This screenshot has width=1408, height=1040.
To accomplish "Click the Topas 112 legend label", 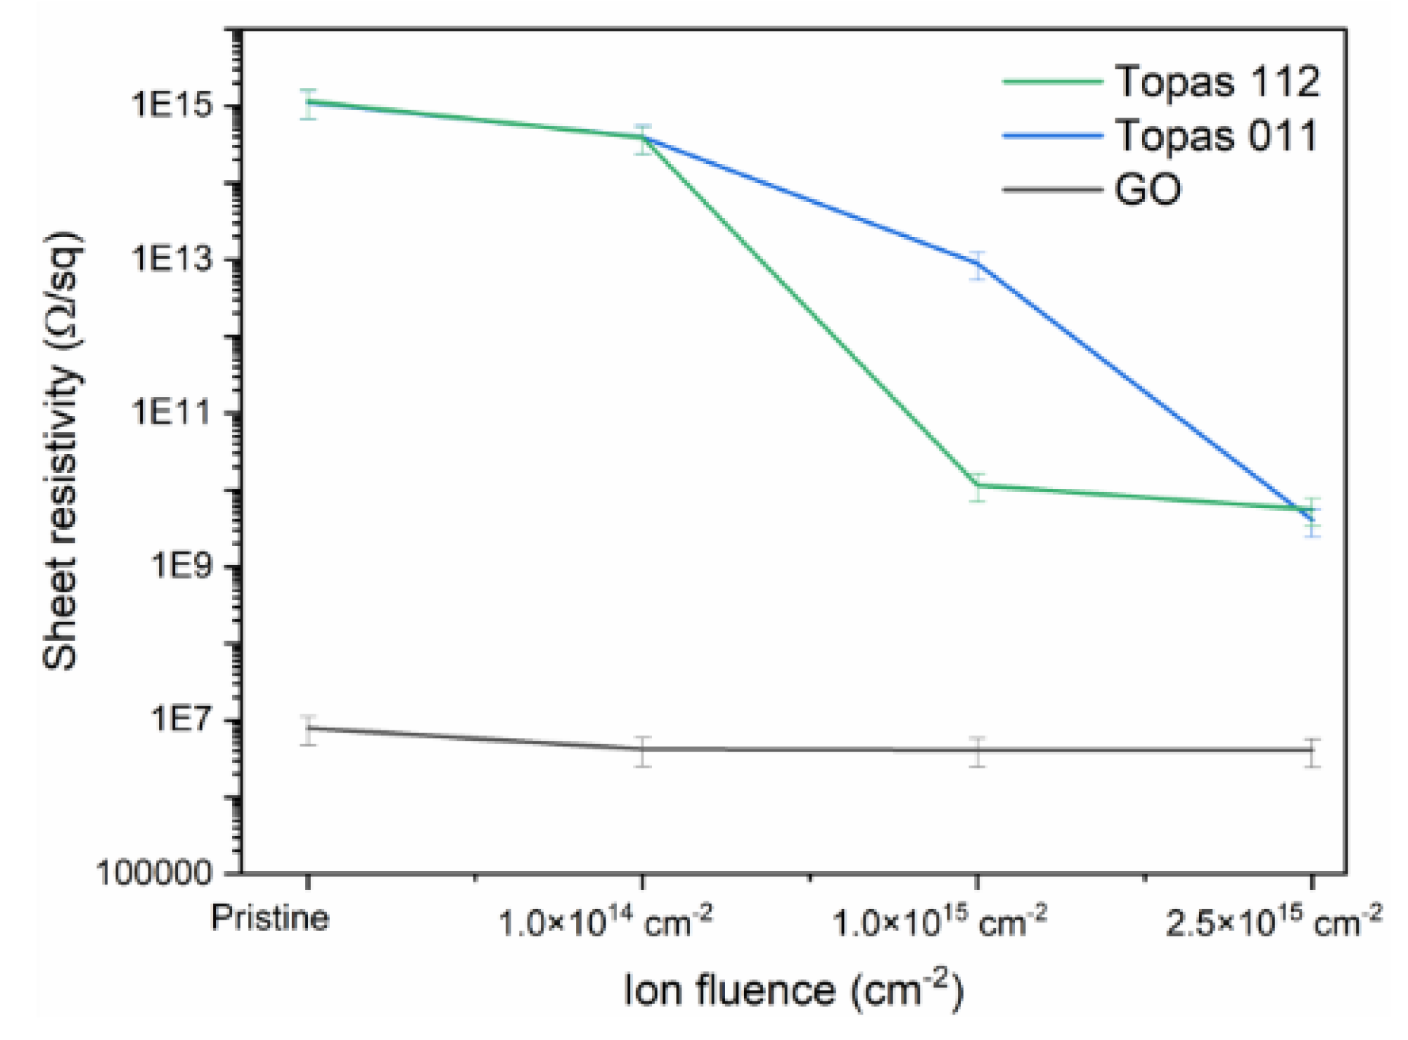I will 1217,82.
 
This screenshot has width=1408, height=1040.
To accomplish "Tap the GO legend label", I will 1148,190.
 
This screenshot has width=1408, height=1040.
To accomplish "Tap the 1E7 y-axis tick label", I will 181,719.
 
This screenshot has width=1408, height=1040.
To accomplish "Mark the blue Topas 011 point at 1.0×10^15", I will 977,264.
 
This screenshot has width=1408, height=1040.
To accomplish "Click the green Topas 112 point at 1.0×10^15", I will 977,486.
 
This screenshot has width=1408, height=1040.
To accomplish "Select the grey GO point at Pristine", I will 308,728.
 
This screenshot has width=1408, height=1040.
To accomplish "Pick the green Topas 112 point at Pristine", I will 308,103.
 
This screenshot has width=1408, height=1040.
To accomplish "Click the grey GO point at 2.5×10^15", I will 1312,751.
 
